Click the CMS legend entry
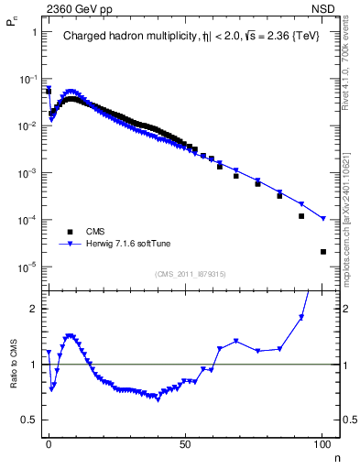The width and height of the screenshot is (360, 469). pos(97,231)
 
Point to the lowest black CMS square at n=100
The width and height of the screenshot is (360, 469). pos(322,252)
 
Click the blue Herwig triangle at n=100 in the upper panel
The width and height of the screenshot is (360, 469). pos(322,219)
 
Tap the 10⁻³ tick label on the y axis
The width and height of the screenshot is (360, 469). pos(27,173)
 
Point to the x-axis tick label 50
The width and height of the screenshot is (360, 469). pos(186,442)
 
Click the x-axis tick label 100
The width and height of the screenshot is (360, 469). pos(322,442)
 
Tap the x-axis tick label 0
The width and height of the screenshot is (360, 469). pos(49,442)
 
